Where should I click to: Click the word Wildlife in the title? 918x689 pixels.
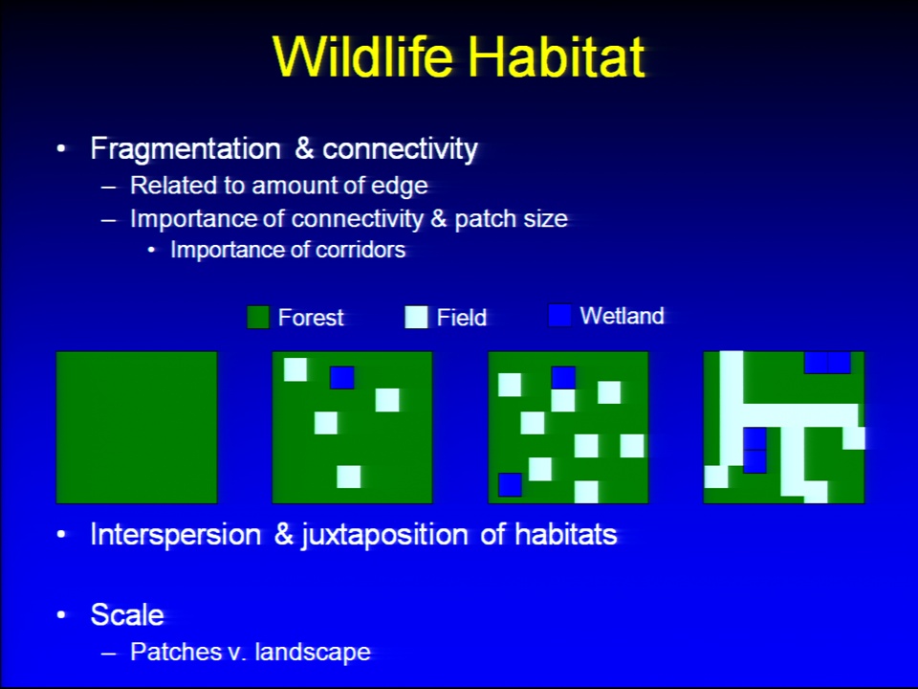tap(363, 56)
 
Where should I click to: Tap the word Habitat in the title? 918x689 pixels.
tap(557, 56)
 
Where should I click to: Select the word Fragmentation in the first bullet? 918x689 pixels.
tap(186, 149)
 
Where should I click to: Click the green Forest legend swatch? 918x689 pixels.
tap(258, 317)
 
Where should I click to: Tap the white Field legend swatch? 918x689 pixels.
tap(416, 317)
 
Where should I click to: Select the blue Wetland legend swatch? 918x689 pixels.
tap(559, 315)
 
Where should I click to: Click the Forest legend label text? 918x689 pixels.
tap(311, 318)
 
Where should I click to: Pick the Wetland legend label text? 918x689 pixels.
tap(622, 316)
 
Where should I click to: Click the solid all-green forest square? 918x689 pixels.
tap(137, 427)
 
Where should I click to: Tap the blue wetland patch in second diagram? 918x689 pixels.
tap(342, 377)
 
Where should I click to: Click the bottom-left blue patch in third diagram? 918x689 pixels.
tap(510, 484)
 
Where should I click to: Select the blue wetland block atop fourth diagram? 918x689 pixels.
tap(827, 363)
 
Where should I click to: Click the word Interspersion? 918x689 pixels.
tap(176, 535)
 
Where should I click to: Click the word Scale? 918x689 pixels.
tap(127, 615)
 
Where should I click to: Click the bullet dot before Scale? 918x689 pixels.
tap(61, 615)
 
